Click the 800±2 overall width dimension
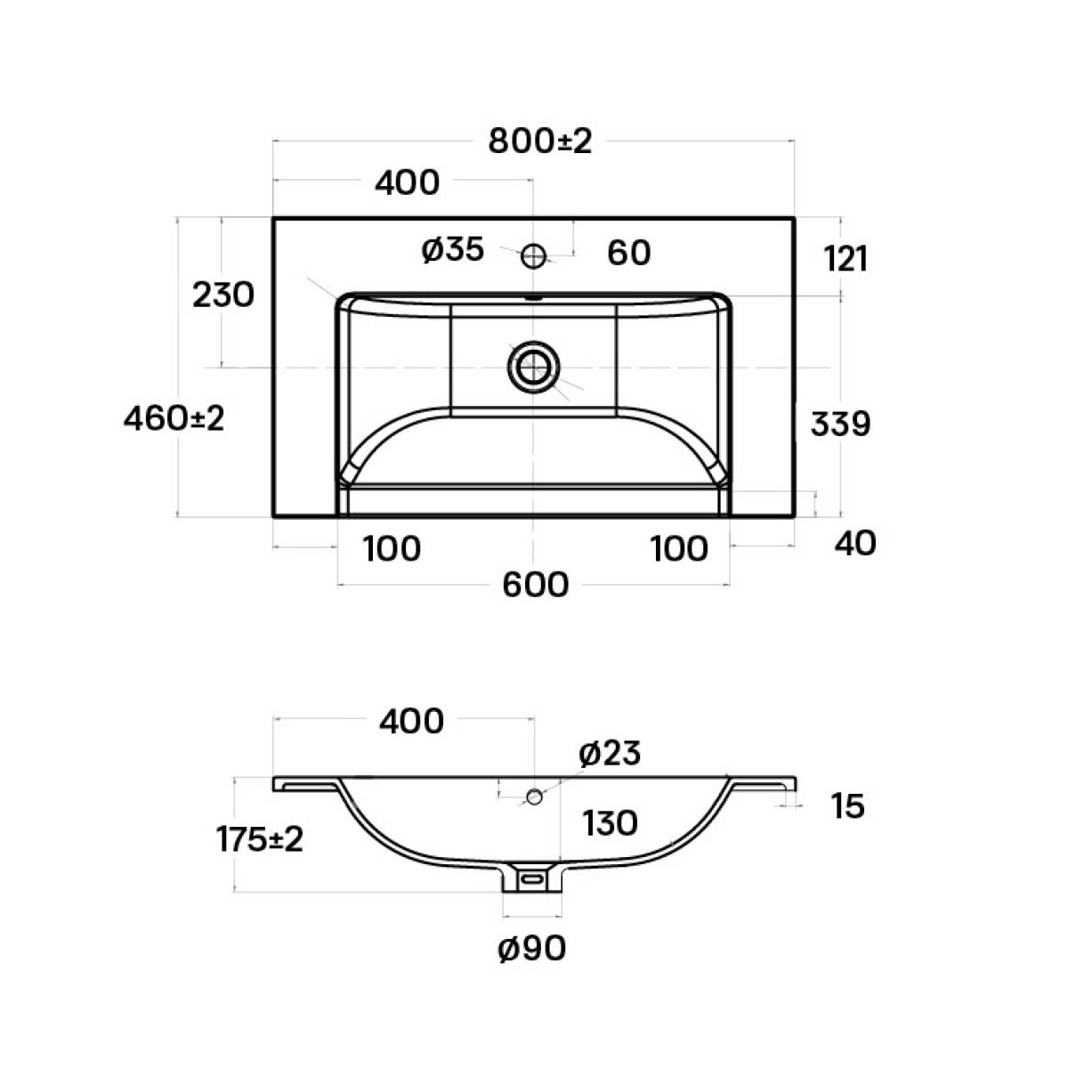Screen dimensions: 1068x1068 [540, 142]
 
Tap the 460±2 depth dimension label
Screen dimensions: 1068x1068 [174, 418]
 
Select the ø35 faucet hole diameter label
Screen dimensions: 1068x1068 [452, 249]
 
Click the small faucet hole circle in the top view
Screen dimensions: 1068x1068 [534, 256]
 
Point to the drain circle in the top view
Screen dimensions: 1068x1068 [533, 367]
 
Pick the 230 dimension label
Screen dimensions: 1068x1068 [222, 295]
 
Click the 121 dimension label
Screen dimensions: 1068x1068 [845, 259]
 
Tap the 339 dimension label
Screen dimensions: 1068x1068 [840, 424]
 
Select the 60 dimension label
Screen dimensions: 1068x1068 [628, 253]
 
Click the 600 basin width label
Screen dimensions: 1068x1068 [536, 585]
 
